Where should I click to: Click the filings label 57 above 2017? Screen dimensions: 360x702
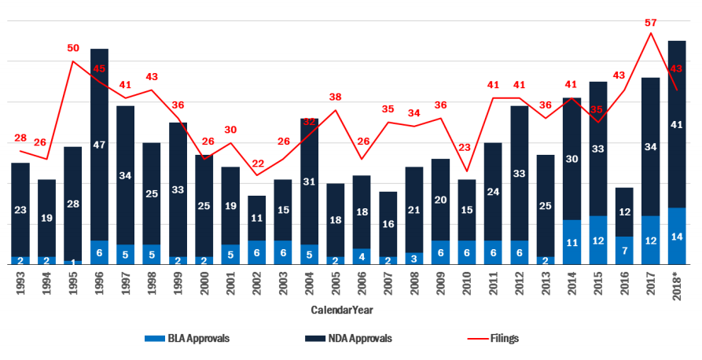[x=650, y=23]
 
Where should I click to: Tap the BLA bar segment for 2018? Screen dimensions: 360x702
[x=677, y=236]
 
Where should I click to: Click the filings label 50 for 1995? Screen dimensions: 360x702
[x=73, y=49]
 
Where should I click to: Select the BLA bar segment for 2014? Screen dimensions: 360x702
[x=572, y=242]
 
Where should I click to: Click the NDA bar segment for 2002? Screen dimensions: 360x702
[x=256, y=219]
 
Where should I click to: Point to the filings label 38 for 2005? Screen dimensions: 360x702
[x=336, y=97]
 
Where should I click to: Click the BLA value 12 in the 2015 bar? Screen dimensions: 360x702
[x=598, y=241]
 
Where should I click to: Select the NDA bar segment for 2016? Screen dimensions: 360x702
[x=624, y=212]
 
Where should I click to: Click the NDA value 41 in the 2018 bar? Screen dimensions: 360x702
[x=677, y=124]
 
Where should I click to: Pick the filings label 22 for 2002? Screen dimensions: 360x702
[x=256, y=163]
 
